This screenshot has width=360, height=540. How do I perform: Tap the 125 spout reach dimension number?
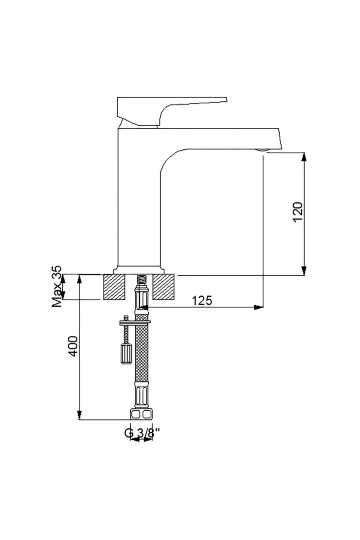(x=202, y=300)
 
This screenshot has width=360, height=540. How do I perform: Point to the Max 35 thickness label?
(x=57, y=286)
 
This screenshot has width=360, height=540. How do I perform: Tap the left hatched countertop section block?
(x=114, y=287)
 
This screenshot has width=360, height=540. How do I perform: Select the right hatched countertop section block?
(x=164, y=287)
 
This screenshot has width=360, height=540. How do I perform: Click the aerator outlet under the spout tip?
(x=262, y=150)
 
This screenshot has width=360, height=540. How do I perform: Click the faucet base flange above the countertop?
(x=139, y=270)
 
